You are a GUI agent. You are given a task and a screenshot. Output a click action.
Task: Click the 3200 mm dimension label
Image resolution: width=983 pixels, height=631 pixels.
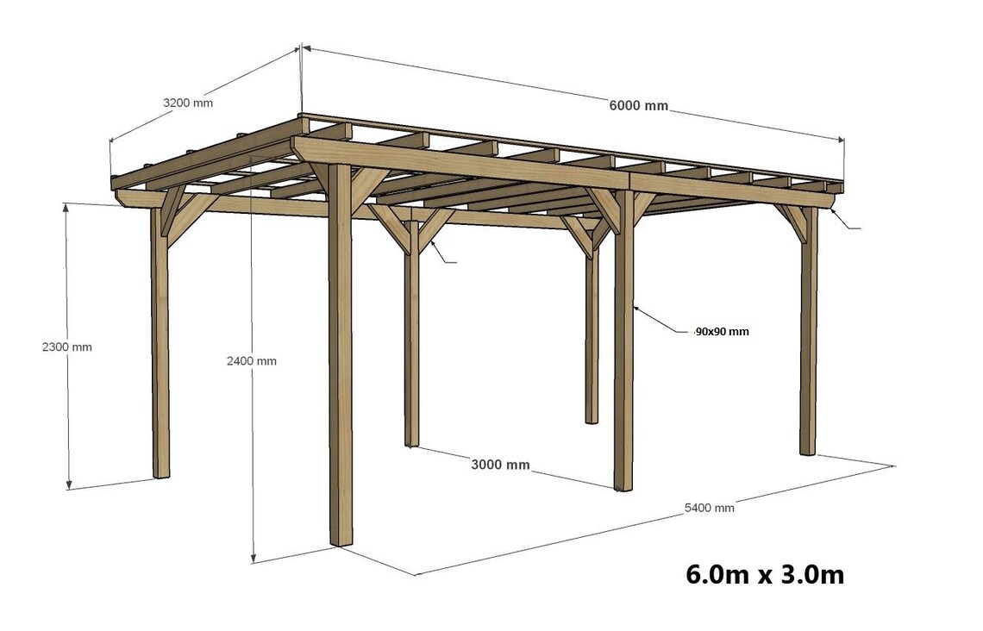(x=187, y=103)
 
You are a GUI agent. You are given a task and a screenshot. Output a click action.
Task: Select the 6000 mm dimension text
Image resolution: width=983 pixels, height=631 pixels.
(x=639, y=105)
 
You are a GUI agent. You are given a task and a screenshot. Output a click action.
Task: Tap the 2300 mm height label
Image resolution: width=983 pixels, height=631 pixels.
(x=67, y=347)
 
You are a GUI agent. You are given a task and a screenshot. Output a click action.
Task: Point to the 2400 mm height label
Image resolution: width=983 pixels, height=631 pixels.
(x=252, y=361)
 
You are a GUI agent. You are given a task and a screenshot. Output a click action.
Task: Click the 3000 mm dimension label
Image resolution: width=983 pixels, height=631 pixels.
(x=500, y=465)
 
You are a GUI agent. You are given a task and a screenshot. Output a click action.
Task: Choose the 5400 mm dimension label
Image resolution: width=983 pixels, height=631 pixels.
(x=709, y=508)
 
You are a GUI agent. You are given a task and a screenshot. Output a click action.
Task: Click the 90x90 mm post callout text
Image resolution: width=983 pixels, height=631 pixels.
(x=723, y=332)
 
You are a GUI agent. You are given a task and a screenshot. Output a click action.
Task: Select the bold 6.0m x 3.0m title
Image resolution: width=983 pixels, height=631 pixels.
(x=765, y=574)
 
